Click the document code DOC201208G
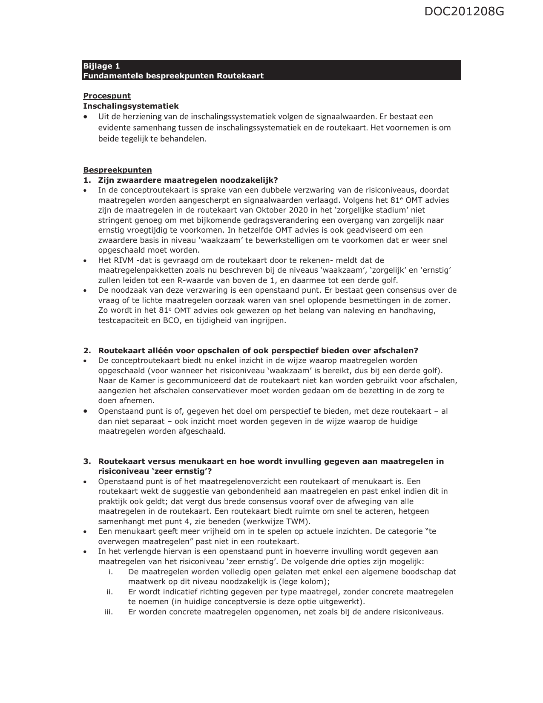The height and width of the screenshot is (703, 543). coord(464,12)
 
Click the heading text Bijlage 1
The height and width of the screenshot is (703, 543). coord(101,66)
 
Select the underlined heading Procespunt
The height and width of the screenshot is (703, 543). coord(106,96)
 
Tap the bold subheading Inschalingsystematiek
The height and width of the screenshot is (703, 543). coord(131,106)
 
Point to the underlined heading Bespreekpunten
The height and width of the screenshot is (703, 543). coord(117,170)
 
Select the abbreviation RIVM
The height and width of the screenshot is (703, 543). coord(122,260)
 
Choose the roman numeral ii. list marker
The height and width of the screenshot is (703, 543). coord(109,592)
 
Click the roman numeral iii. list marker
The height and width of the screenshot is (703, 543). coord(108,612)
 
